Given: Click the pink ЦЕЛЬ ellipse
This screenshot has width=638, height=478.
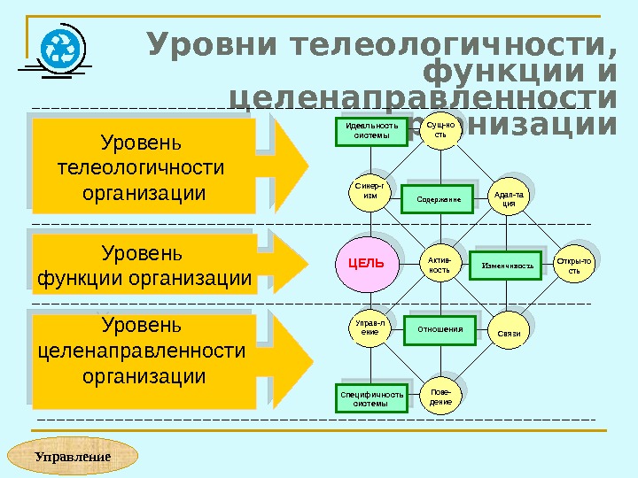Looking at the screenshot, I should [365, 263].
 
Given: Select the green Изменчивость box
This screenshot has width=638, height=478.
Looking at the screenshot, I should [508, 265].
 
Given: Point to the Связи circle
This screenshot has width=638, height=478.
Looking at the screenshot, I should [509, 332].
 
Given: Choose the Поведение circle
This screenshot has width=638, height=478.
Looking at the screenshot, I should [440, 397].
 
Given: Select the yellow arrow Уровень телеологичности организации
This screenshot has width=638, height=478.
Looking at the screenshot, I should [159, 167].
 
